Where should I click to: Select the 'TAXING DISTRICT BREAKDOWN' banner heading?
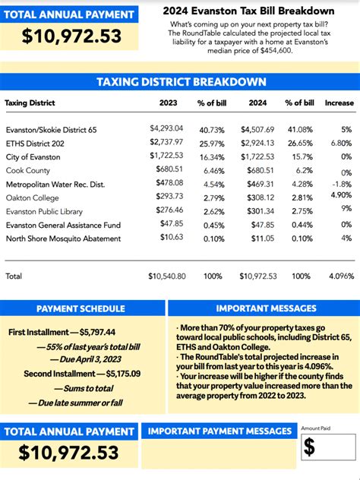pyautogui.click(x=180, y=82)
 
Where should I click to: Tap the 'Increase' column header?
pyautogui.click(x=339, y=103)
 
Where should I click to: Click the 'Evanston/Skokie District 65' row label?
pyautogui.click(x=51, y=130)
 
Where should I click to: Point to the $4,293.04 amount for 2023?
pyautogui.click(x=168, y=129)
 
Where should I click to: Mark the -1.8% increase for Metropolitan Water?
pyautogui.click(x=342, y=184)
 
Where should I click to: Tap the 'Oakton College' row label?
pyautogui.click(x=33, y=197)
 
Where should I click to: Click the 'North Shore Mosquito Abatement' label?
pyautogui.click(x=63, y=238)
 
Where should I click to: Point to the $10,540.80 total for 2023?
pyautogui.click(x=166, y=276)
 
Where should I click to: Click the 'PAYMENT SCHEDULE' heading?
pyautogui.click(x=81, y=308)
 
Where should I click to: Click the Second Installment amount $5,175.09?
pyautogui.click(x=98, y=374)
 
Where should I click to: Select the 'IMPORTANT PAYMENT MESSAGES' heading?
pyautogui.click(x=219, y=431)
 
